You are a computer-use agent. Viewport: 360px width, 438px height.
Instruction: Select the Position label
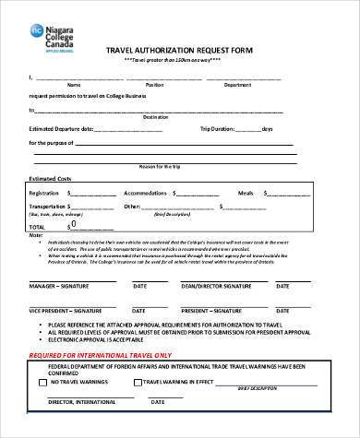(155, 84)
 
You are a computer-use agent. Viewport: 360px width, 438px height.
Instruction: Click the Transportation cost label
(50, 207)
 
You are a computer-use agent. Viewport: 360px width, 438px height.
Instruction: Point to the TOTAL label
(37, 226)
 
